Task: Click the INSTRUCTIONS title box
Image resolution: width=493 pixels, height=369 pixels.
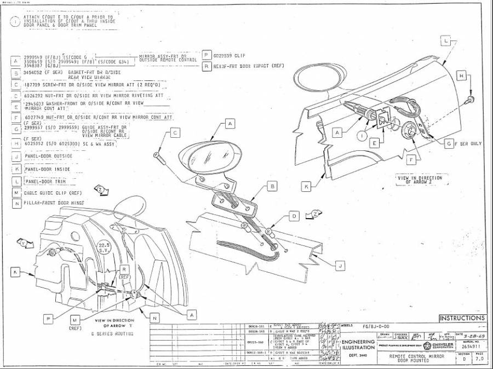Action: [462, 318]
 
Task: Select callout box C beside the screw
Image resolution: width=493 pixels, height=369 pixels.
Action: [175, 132]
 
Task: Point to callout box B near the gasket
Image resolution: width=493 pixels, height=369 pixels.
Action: [272, 186]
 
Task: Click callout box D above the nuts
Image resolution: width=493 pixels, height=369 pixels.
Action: [294, 216]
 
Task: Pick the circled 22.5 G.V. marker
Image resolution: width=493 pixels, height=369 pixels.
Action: [104, 248]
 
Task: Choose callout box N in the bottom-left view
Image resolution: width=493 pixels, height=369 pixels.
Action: [155, 317]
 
